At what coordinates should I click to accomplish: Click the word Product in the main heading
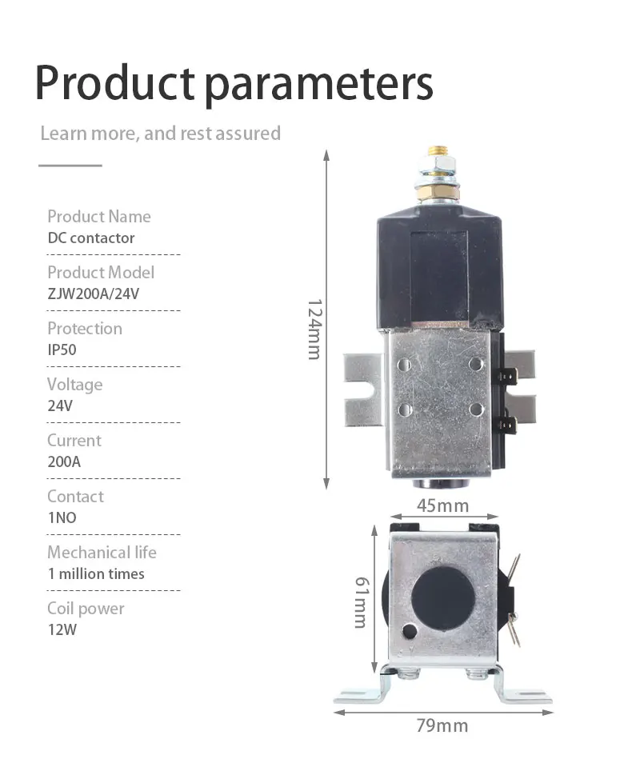(115, 82)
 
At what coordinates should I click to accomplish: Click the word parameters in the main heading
(318, 85)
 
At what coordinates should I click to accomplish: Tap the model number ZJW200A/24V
(94, 294)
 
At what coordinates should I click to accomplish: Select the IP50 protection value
(62, 350)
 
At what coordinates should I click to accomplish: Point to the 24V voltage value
(60, 405)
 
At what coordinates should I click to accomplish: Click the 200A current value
(64, 461)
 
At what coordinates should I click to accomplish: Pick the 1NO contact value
(62, 517)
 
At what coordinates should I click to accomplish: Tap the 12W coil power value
(62, 630)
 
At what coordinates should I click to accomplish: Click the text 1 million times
(96, 573)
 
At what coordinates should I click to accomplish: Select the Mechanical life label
(102, 552)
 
